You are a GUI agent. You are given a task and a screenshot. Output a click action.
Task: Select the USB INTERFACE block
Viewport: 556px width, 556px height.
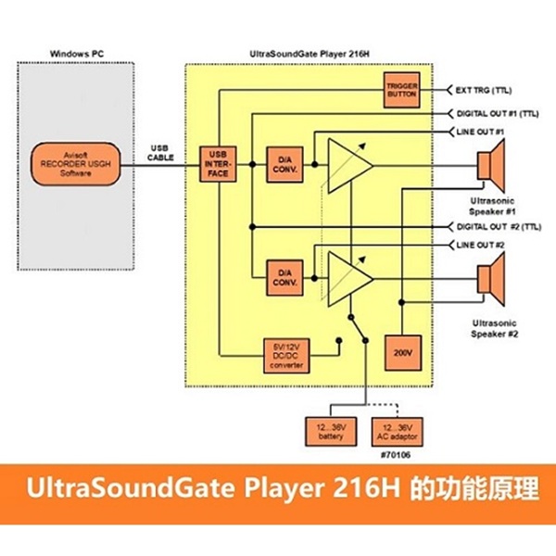pos(220,163)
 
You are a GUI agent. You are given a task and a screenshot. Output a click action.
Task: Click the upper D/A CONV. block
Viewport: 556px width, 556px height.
pos(283,163)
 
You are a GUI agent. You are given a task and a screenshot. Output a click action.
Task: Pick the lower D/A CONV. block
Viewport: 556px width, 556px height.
pos(283,275)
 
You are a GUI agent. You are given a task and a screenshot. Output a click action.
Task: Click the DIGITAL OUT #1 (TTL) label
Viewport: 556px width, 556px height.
pos(499,113)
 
